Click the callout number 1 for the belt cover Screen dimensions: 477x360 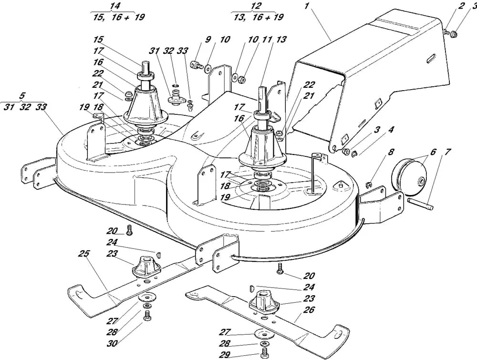[306, 6]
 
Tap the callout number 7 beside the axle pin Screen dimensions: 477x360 [447, 152]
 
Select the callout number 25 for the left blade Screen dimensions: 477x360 [83, 253]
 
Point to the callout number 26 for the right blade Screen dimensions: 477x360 [309, 310]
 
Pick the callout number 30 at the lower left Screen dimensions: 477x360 [112, 343]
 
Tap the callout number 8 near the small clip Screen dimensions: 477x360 [391, 152]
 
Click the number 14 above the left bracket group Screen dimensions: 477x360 [115, 6]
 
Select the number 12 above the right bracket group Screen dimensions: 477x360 [256, 6]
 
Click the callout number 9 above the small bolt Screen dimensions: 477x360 [208, 40]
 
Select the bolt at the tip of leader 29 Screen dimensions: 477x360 [264, 353]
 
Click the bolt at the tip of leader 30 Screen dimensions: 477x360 [147, 316]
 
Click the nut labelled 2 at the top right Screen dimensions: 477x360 [446, 31]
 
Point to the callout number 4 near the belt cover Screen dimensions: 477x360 [391, 130]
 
